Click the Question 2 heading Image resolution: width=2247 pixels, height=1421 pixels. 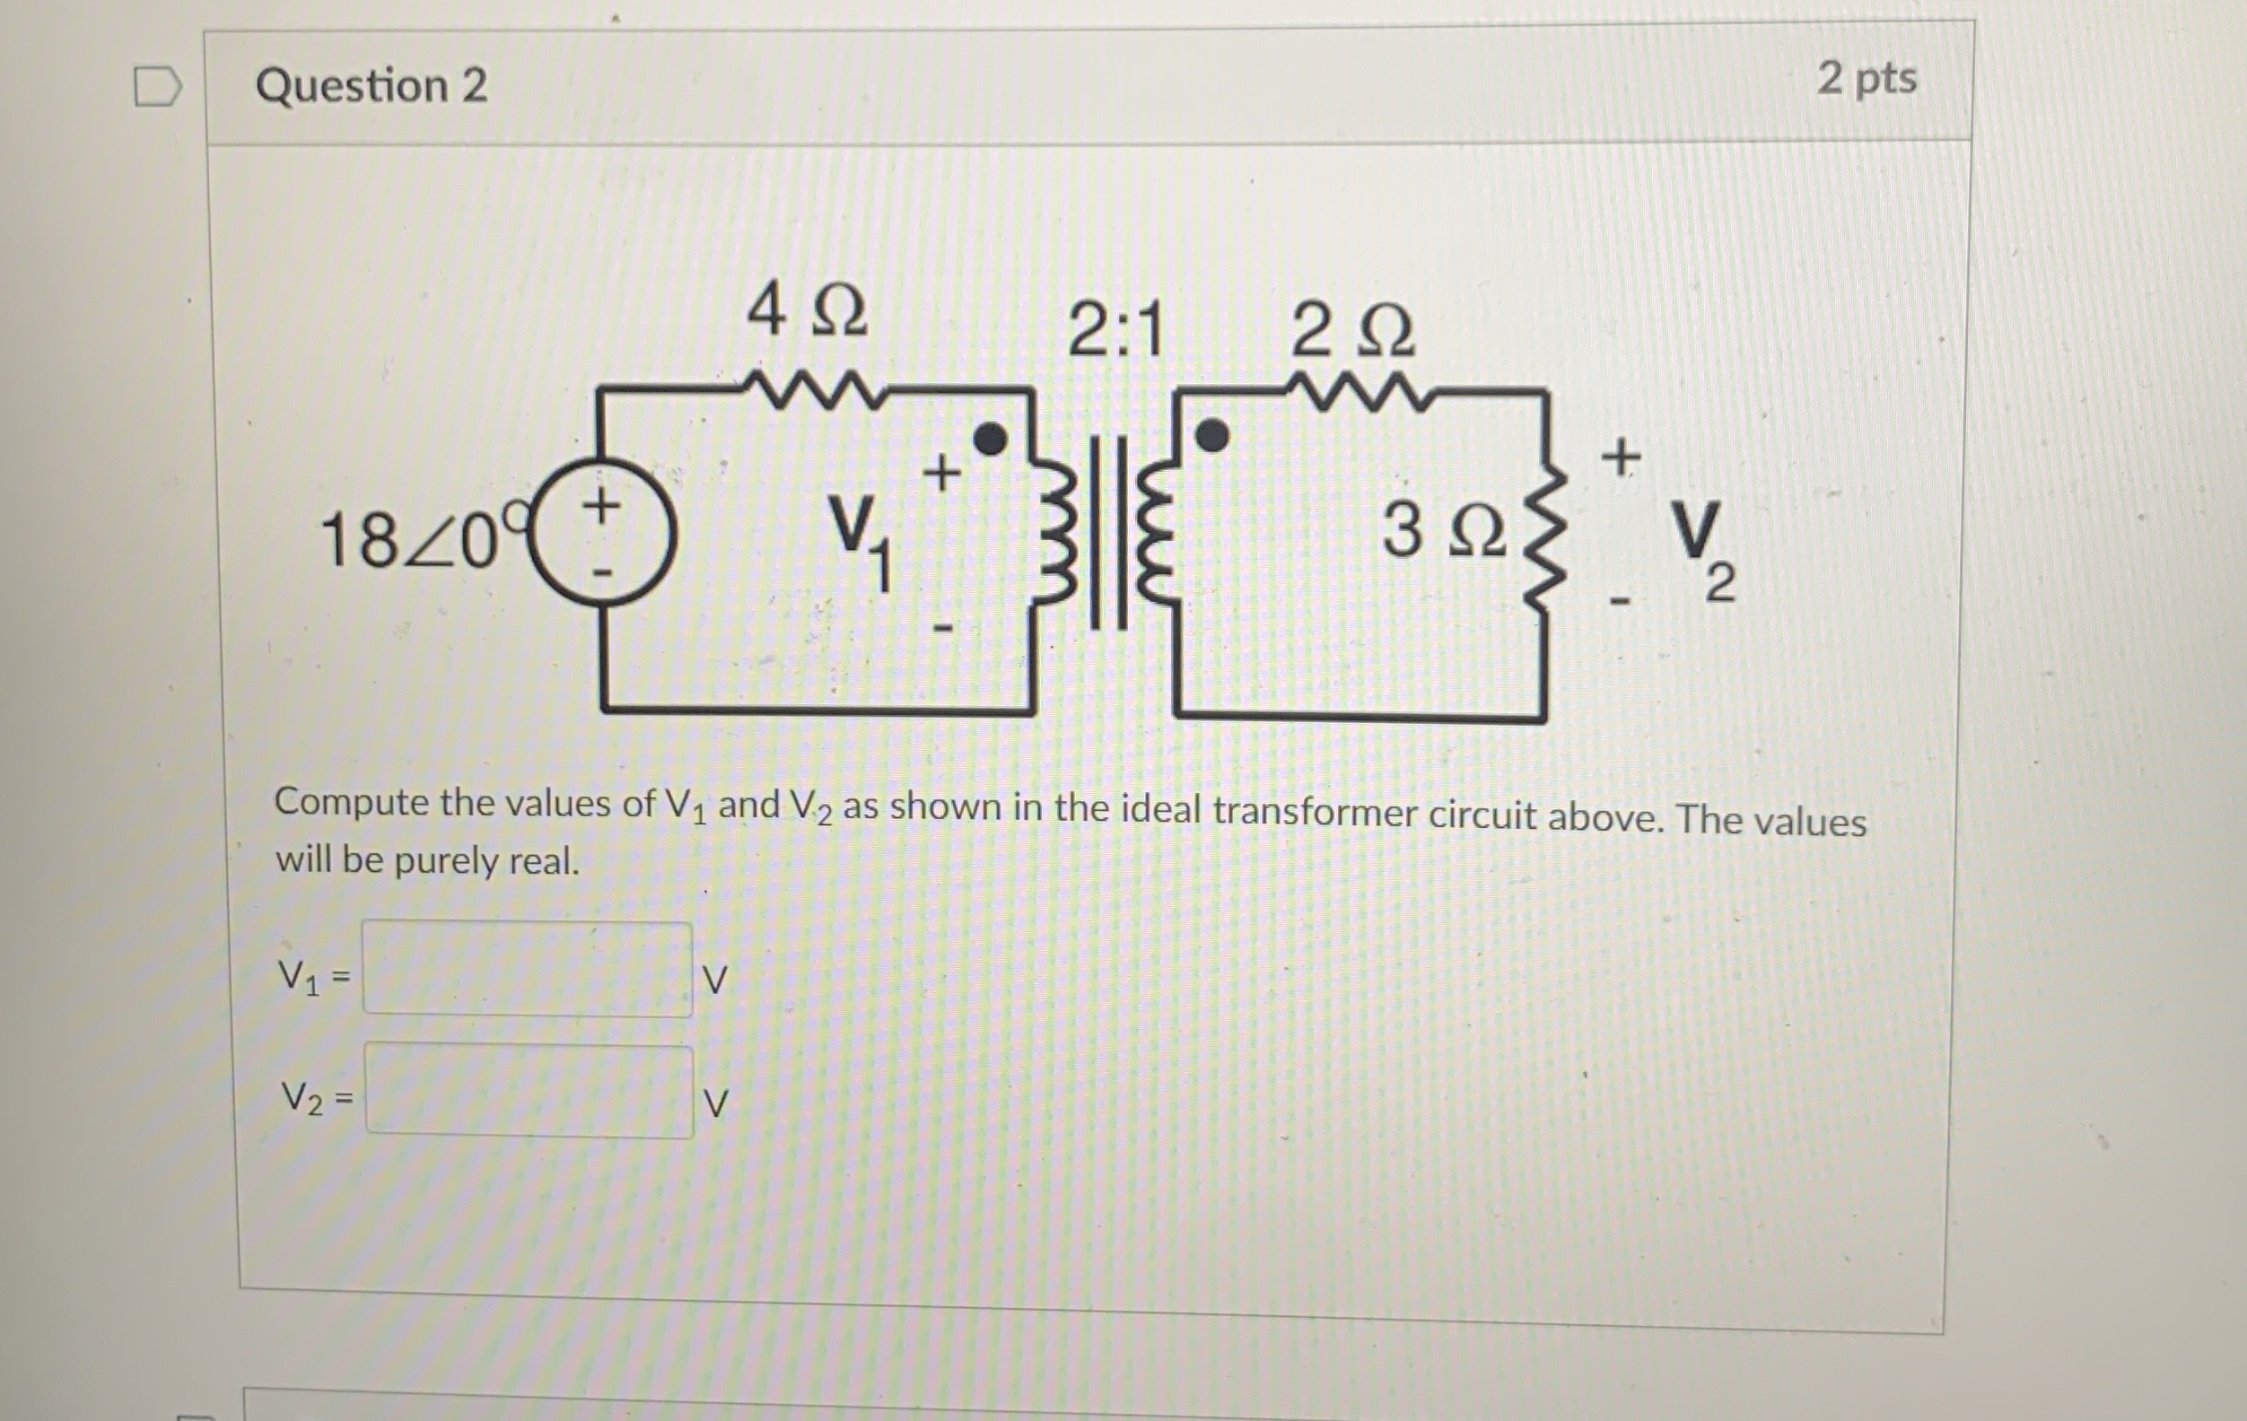372,86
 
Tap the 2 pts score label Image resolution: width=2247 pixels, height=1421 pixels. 1867,78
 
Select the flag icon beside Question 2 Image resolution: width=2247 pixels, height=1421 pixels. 156,87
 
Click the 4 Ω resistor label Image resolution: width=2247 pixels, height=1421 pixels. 807,310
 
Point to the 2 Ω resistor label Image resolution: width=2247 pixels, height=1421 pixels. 1352,332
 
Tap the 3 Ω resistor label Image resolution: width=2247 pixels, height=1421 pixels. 1444,530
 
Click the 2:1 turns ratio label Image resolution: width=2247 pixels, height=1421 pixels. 1116,331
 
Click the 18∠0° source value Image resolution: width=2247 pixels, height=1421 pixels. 415,540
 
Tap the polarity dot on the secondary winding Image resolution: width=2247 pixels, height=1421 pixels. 1212,435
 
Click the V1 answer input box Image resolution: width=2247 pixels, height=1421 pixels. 528,970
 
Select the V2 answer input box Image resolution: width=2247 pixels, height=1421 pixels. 529,1092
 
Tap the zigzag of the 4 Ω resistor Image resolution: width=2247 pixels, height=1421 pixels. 810,389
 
